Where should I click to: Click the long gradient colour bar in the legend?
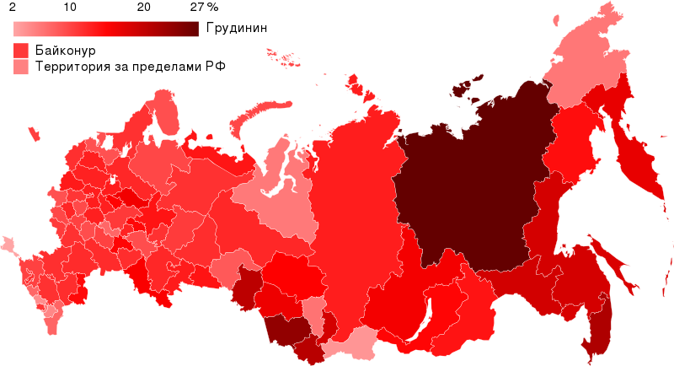click(x=105, y=30)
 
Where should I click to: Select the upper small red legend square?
click(x=21, y=51)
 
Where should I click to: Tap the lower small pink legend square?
click(x=21, y=67)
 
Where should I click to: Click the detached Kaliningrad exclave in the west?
click(x=34, y=133)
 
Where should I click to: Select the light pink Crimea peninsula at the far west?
click(x=9, y=245)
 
